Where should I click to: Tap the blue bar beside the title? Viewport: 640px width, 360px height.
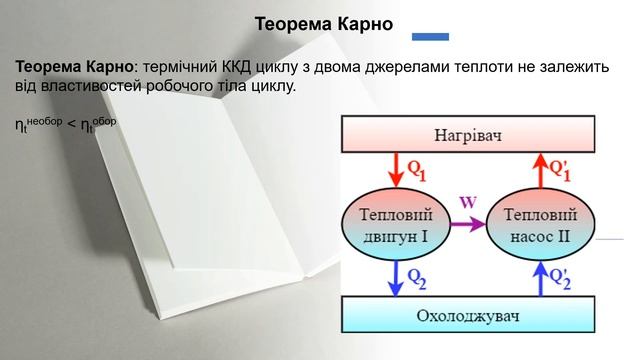point(430,37)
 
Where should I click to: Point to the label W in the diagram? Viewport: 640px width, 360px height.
point(467,201)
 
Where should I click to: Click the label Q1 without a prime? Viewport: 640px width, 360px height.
point(416,170)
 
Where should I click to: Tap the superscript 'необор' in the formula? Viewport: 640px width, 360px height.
point(44,121)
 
